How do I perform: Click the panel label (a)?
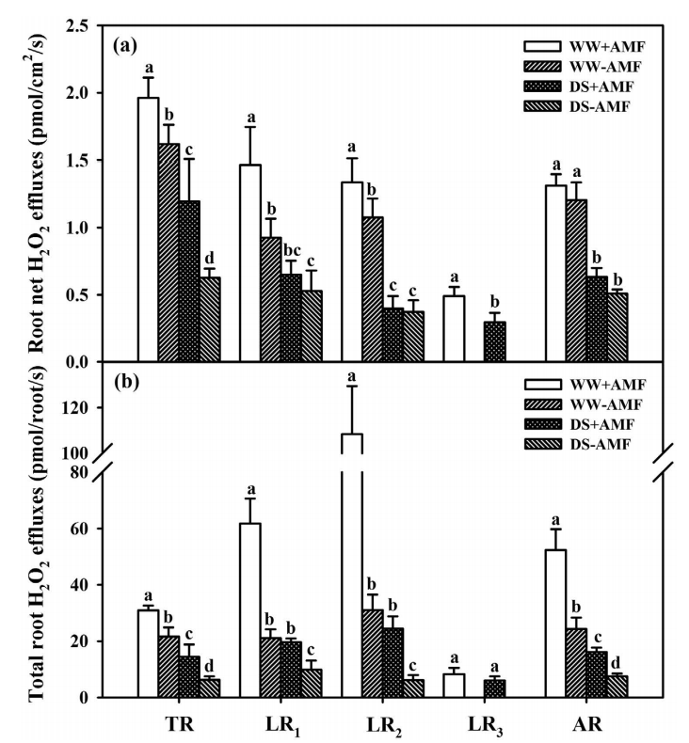(127, 44)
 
